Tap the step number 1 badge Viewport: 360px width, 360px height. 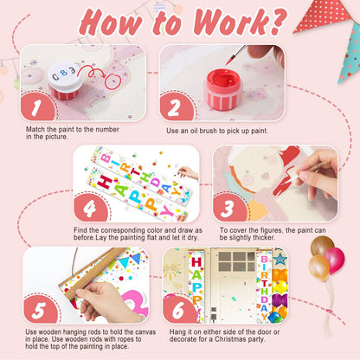pyautogui.click(x=37, y=106)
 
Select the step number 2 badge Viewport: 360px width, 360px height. pyautogui.click(x=176, y=106)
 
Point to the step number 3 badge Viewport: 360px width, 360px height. pyautogui.click(x=229, y=208)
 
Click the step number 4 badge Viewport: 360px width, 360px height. pyautogui.click(x=91, y=208)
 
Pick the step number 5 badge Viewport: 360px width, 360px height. pyautogui.click(x=40, y=310)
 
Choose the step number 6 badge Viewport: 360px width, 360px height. pyautogui.click(x=179, y=310)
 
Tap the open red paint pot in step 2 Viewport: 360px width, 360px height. pyautogui.click(x=223, y=89)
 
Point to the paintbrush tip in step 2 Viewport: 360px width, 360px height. pyautogui.click(x=228, y=62)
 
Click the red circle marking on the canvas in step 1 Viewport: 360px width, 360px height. pyautogui.click(x=112, y=81)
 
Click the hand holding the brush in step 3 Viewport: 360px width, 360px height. pyautogui.click(x=316, y=174)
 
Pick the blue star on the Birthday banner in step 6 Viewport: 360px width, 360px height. pyautogui.click(x=280, y=259)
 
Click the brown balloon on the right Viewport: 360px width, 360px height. pyautogui.click(x=321, y=245)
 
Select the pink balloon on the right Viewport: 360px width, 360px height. pyautogui.click(x=335, y=260)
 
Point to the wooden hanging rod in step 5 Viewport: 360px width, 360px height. pyautogui.click(x=93, y=274)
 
